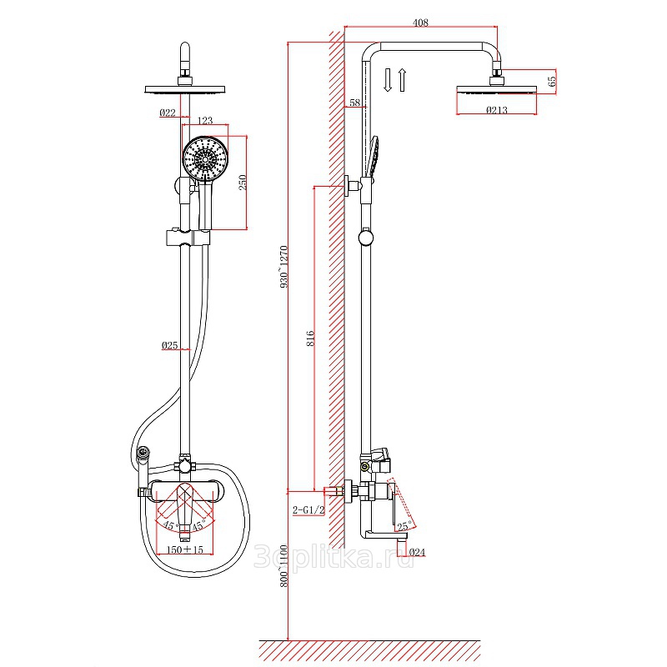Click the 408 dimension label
[x=420, y=23]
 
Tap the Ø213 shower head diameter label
[x=496, y=110]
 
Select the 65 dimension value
[x=551, y=81]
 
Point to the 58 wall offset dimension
[x=355, y=103]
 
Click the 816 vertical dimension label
[x=311, y=339]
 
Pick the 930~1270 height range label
[x=284, y=267]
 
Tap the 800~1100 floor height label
[x=284, y=566]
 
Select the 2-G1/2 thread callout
[x=308, y=509]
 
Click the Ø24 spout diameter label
[x=417, y=552]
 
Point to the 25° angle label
[x=404, y=526]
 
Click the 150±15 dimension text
[x=184, y=549]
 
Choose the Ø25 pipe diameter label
[x=170, y=345]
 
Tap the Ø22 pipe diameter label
[x=168, y=113]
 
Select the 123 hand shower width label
[x=205, y=120]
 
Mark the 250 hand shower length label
[x=243, y=183]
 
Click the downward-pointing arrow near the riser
[x=387, y=79]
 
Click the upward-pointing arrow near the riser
[x=402, y=79]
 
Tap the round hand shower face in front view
[x=205, y=159]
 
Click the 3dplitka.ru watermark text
[x=334, y=557]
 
